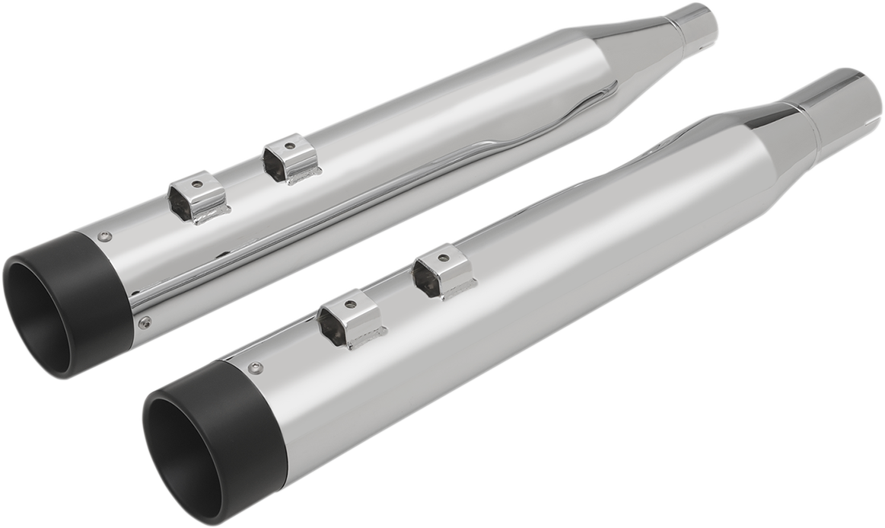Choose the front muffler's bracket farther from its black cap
(x=443, y=271)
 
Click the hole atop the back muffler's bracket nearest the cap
(x=196, y=184)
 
